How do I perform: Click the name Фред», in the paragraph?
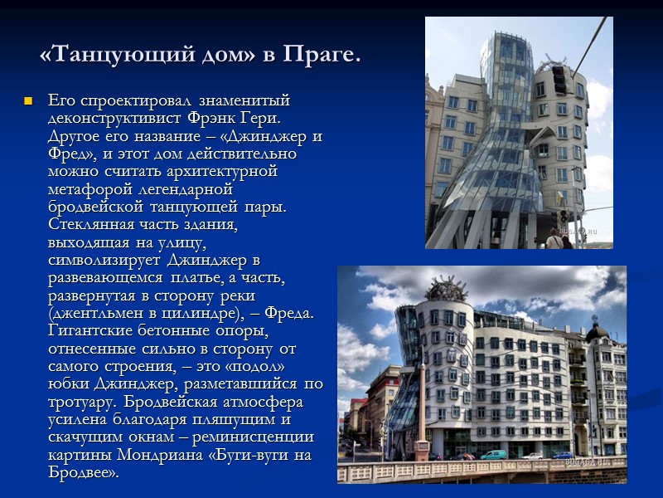pyautogui.click(x=75, y=154)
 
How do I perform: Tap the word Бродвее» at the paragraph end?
pyautogui.click(x=84, y=473)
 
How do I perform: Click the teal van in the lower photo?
pyautogui.click(x=494, y=455)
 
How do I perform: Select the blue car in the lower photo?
pyautogui.click(x=564, y=455)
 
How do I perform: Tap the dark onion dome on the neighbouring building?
pyautogui.click(x=596, y=333)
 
